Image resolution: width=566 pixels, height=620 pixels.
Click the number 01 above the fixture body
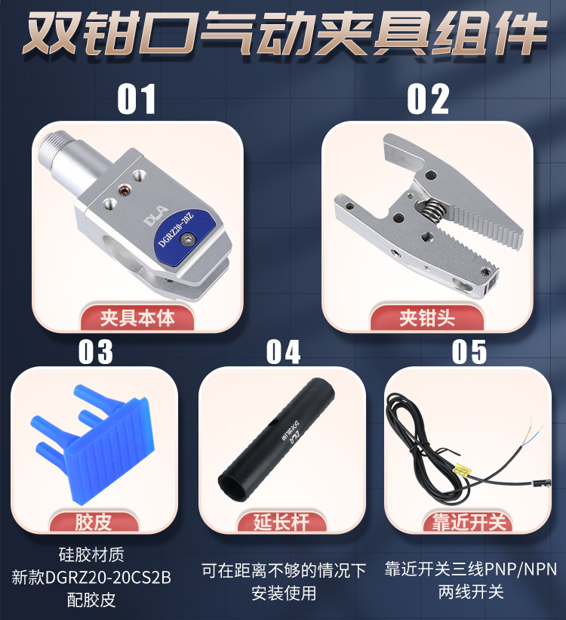[x=137, y=99]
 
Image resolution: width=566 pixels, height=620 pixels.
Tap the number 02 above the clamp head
[x=428, y=99]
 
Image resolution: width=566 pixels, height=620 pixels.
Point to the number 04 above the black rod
[x=283, y=352]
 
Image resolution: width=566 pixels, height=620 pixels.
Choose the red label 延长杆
[x=282, y=522]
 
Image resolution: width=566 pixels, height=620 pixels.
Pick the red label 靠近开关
[x=471, y=522]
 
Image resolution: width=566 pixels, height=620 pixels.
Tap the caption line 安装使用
[x=283, y=593]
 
